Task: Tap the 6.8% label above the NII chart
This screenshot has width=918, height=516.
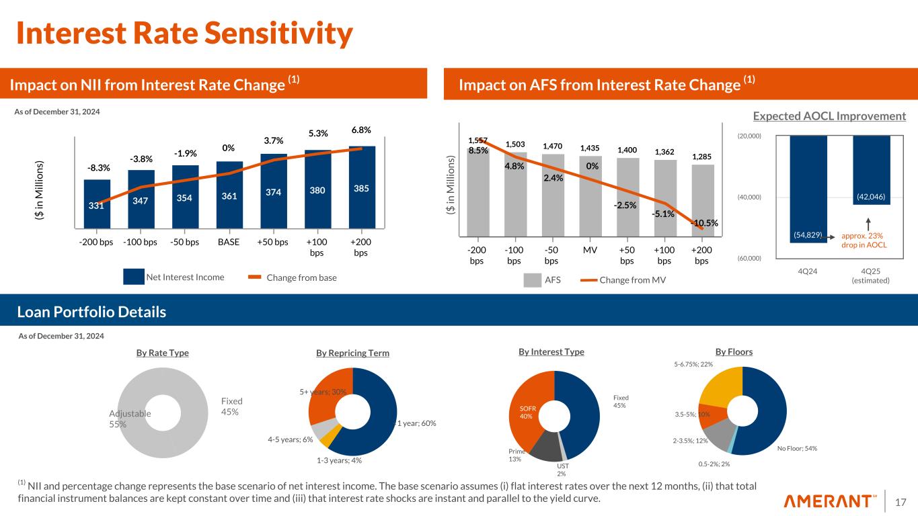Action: click(x=362, y=130)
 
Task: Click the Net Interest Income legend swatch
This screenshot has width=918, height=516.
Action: click(x=134, y=277)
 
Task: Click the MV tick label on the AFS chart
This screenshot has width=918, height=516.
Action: click(x=590, y=250)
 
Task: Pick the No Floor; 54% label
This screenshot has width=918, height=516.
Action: click(x=797, y=448)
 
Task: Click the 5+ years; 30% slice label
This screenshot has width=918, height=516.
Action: click(x=323, y=392)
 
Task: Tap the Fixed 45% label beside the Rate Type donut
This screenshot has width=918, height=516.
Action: click(x=231, y=406)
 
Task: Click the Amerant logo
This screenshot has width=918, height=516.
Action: click(x=831, y=501)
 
